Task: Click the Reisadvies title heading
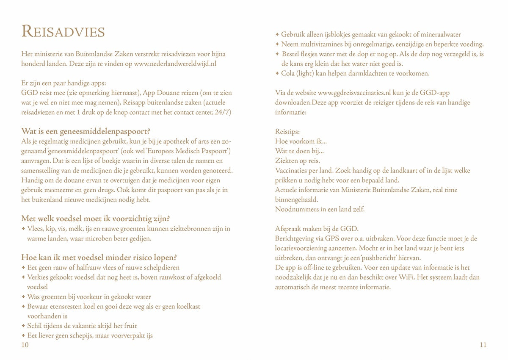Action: coord(63,31)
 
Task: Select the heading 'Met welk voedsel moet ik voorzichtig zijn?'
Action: coord(96,219)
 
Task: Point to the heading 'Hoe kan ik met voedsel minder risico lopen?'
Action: coord(99,258)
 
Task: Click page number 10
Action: coord(25,345)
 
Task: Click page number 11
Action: coord(483,345)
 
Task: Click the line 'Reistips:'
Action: coord(287,132)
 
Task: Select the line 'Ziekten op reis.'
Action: coord(298,161)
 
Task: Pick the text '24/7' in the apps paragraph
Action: coord(224,112)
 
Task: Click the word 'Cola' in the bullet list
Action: coord(288,74)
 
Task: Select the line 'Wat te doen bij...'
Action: coord(300,151)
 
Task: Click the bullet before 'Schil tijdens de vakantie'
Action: coord(23,326)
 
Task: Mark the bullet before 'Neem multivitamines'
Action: coord(277,44)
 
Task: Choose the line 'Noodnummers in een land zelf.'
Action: coord(320,209)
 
